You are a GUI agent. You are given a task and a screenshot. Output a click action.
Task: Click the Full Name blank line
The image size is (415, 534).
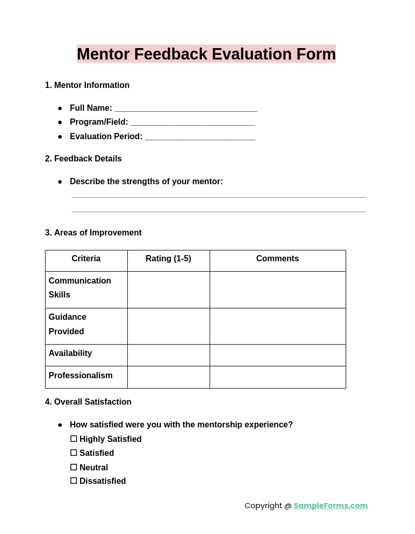tap(185, 108)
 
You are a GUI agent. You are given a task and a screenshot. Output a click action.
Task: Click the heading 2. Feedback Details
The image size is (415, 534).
tap(83, 159)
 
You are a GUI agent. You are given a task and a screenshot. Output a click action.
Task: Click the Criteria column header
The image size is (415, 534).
tap(86, 259)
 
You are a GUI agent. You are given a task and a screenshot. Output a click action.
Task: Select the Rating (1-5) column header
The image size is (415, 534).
tap(168, 259)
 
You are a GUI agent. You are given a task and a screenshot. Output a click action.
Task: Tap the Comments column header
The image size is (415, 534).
tap(277, 259)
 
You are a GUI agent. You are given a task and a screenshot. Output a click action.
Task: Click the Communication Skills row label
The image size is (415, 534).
tap(80, 288)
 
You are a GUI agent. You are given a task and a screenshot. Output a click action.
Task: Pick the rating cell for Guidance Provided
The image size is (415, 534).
tap(168, 326)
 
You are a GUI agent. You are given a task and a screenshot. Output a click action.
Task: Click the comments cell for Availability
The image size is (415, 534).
tap(277, 355)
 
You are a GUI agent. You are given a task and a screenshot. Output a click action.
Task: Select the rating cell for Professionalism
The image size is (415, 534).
tap(168, 377)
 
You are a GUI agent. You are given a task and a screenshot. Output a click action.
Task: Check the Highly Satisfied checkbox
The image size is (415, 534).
tap(73, 439)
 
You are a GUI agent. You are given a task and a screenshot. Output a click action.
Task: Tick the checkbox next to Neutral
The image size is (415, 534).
tap(73, 467)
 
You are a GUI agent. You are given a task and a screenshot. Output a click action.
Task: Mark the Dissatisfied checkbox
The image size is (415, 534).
tap(73, 481)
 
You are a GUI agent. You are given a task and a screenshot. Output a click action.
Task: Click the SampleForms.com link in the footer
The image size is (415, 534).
tap(331, 506)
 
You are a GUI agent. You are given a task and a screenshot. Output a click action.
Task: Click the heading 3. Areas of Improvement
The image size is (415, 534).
tap(93, 233)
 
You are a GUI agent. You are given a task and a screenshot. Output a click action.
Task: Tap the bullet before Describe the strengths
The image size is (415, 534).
tap(60, 182)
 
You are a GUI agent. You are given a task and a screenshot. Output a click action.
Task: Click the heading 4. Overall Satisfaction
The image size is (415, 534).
tap(88, 402)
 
